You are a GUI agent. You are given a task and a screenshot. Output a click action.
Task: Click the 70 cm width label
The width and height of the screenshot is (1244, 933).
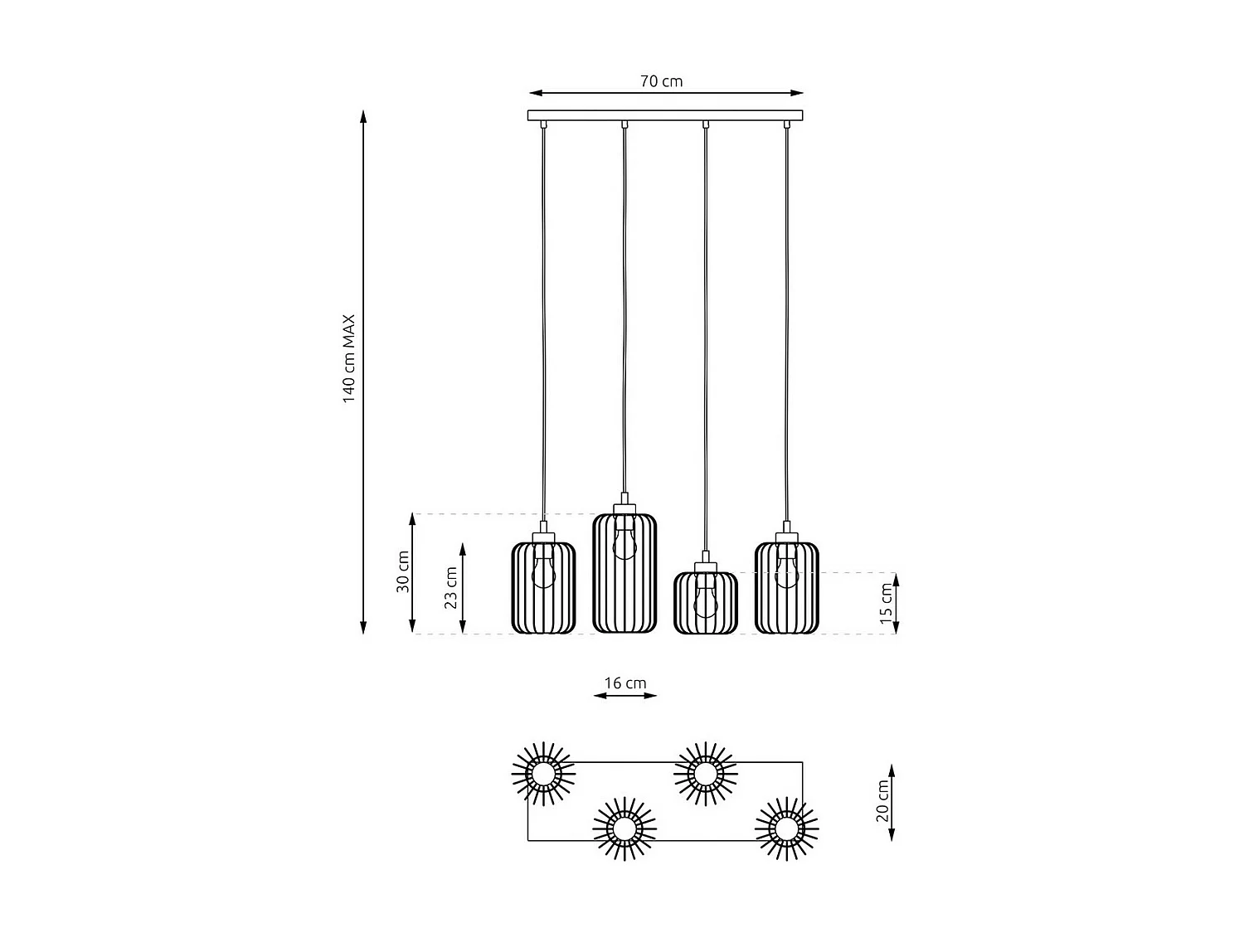point(661,81)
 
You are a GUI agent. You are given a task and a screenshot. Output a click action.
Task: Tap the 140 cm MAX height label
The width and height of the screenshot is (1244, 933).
point(349,358)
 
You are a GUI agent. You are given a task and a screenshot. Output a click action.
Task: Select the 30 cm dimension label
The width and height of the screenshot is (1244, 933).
point(403,571)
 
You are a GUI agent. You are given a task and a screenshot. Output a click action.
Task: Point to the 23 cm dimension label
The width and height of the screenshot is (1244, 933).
point(451,587)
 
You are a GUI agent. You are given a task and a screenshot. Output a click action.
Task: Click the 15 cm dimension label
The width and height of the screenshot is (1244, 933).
point(886,603)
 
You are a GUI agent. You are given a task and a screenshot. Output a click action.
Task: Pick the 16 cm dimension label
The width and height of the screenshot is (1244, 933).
point(624,683)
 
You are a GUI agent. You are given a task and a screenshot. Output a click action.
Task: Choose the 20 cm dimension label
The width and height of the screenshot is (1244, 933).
point(882,801)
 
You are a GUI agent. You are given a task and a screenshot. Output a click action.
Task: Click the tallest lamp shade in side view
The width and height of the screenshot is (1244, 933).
point(624,573)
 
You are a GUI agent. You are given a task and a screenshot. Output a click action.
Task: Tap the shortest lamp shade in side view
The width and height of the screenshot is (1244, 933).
point(705,603)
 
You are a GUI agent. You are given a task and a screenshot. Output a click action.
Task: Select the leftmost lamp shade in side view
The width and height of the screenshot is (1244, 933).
point(543,587)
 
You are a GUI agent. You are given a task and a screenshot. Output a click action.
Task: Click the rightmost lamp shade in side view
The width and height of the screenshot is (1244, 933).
point(786,587)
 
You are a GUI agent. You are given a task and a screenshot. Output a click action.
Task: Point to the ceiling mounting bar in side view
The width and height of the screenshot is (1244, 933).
point(665,115)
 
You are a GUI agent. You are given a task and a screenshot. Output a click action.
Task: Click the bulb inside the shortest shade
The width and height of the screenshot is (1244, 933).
point(705,601)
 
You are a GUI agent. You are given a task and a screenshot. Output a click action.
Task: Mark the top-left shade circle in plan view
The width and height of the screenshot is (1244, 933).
point(543,774)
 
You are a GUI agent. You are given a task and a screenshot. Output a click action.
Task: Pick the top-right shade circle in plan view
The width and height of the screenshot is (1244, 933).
point(705,774)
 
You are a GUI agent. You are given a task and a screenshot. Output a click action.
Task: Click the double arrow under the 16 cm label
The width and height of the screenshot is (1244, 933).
point(624,696)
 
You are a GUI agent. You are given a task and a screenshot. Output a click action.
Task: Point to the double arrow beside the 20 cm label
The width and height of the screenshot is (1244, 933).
point(892,802)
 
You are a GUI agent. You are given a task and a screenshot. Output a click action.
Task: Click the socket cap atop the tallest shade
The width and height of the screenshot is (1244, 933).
point(624,507)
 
